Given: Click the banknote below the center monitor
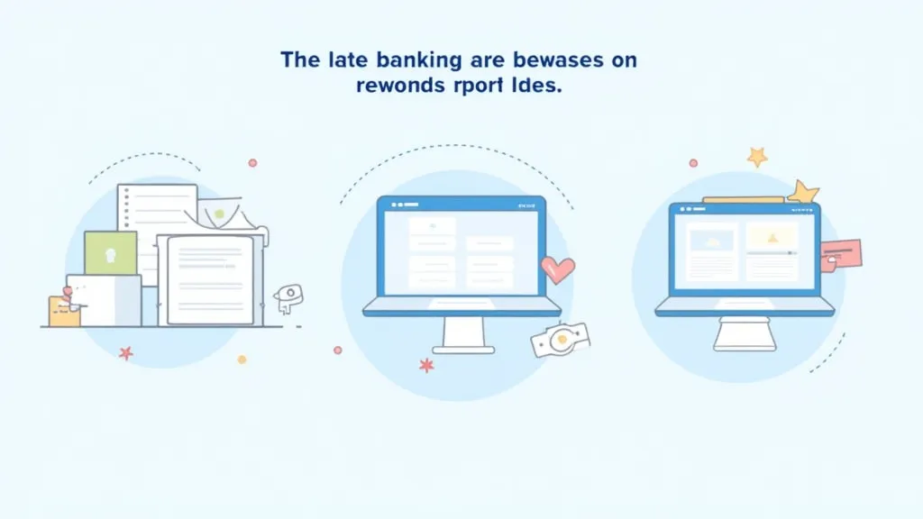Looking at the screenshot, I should pos(559,340).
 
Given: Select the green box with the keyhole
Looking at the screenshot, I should pos(110,253).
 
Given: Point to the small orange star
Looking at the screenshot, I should pos(757,157).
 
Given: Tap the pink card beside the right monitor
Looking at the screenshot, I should pos(841,254).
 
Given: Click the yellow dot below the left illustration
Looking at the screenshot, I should pos(242,359).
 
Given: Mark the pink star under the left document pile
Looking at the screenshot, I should pos(125,353).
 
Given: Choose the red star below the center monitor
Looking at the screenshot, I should pos(426,365).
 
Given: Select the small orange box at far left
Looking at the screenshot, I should pos(63,312).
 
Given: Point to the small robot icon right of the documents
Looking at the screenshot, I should pos(289,296).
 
